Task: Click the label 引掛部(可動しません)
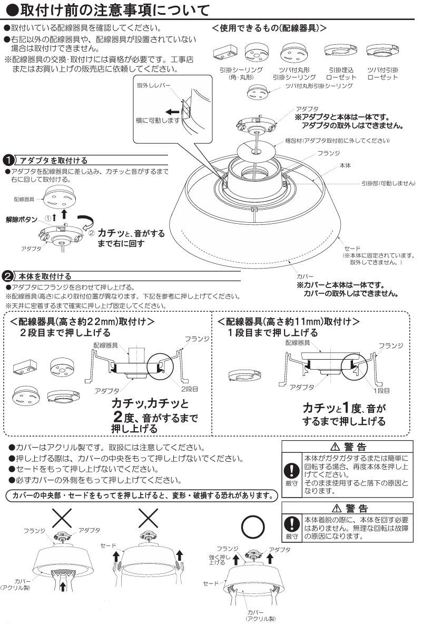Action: click(388, 183)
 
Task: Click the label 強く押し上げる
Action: click(217, 559)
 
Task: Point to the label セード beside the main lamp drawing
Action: click(351, 248)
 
